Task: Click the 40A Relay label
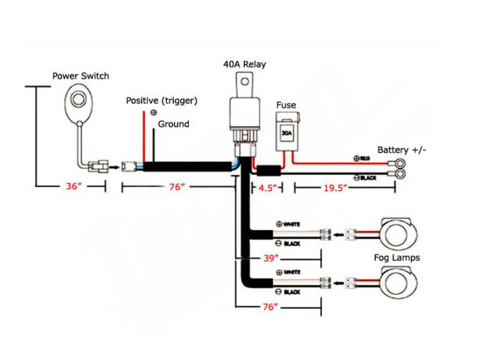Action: pos(244,64)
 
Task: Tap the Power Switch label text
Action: pos(80,76)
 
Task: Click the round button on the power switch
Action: pos(80,99)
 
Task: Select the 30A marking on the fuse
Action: pos(287,133)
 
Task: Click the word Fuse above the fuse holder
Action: pos(286,105)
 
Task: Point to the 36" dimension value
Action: pos(74,186)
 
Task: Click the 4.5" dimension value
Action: pos(267,188)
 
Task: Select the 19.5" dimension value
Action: pos(335,188)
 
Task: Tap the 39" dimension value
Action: pos(271,258)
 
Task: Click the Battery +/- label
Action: pos(402,150)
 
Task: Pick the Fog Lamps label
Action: pos(397,258)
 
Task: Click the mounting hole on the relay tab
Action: pos(245,82)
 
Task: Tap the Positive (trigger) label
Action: pos(161,101)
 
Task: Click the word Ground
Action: pos(173,124)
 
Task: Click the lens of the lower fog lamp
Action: pos(396,283)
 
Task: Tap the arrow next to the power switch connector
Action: pos(114,167)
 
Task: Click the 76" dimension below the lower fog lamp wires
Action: pos(271,307)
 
